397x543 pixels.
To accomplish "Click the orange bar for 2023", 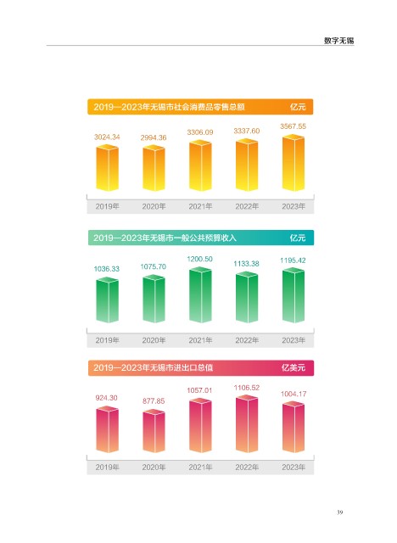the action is (294, 162).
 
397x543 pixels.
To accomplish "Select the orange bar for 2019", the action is (107, 168).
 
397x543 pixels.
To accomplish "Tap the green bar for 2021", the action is (200, 295).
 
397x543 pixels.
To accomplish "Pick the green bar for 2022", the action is (247, 297).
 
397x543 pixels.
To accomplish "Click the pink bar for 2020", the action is (154, 431).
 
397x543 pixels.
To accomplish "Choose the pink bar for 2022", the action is (247, 424).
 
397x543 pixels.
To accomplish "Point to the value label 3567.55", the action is (294, 126).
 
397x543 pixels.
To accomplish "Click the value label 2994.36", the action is (154, 137).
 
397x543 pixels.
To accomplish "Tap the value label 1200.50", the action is (199, 259).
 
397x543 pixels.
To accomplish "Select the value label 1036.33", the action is (107, 269).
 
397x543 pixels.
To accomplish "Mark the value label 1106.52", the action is (247, 388).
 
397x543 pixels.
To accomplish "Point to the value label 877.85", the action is (154, 401).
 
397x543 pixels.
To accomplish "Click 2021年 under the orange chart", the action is (200, 206).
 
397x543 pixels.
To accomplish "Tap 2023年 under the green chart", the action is (294, 340).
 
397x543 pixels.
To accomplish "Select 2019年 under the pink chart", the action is (107, 467).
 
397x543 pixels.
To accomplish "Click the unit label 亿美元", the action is (294, 367).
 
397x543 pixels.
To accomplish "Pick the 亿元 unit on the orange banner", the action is (298, 107).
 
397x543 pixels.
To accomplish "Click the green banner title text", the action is (165, 238).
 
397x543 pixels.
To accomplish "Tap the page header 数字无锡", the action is (338, 41).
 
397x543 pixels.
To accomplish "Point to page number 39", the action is (339, 512).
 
